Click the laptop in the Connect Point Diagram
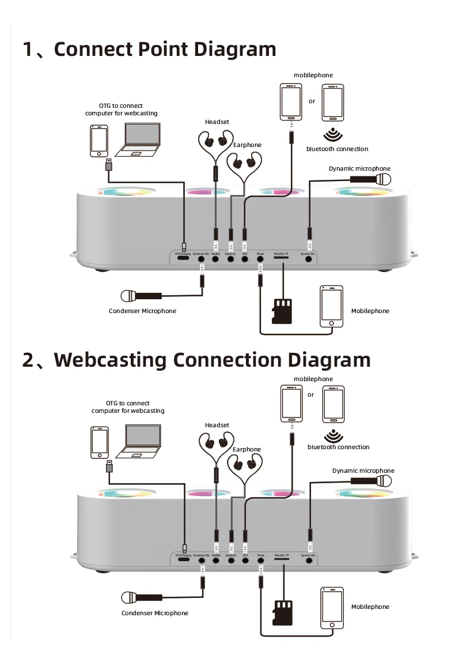(138, 141)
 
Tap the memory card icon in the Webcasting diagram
(282, 613)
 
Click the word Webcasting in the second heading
(112, 360)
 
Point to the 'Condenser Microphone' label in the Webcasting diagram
(154, 613)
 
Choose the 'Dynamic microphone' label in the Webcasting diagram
(363, 470)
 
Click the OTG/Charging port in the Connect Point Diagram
(184, 259)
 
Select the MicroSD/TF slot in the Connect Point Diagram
(282, 259)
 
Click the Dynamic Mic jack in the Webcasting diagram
(309, 560)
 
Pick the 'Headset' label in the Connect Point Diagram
(217, 122)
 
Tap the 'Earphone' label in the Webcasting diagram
(247, 449)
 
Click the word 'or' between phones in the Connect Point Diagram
(312, 101)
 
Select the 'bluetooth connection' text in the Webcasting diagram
(338, 447)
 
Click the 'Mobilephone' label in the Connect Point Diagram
(370, 311)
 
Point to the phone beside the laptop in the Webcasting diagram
(100, 443)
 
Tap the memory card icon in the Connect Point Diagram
(282, 311)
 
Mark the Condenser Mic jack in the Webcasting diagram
(202, 560)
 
